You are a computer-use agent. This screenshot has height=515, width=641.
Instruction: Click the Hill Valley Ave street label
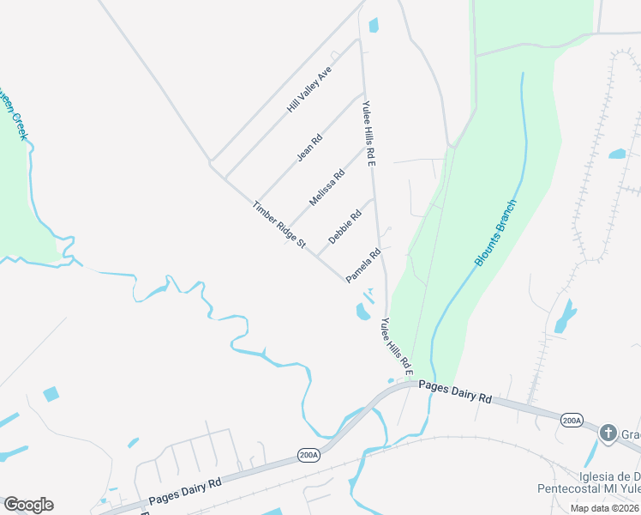point(309,92)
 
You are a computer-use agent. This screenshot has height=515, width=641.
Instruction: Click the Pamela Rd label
point(362,266)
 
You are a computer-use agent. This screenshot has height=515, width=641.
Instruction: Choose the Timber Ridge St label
point(279,225)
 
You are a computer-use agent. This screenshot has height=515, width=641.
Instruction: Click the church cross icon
point(608,433)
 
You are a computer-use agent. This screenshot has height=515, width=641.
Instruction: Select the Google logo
point(28,505)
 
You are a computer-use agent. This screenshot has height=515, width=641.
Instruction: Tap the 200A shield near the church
point(572,420)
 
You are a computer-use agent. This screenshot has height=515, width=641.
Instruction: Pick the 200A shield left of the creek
point(308,455)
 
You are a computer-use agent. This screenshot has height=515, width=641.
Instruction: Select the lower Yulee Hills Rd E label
point(398,347)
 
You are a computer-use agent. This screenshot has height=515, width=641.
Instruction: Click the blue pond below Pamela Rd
point(362,311)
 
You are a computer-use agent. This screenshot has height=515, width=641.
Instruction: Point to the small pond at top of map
point(374,25)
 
